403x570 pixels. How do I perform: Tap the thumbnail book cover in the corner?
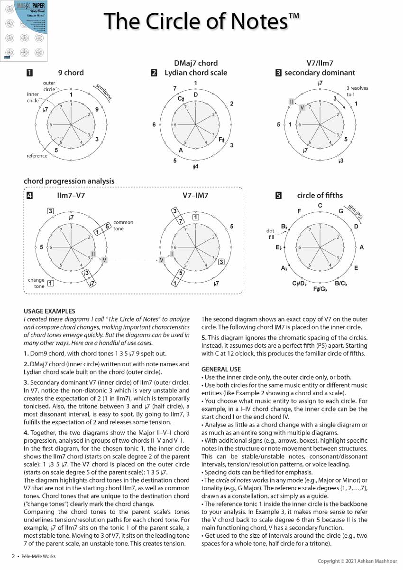coord(25,31)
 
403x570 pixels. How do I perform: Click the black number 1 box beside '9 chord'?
coord(30,73)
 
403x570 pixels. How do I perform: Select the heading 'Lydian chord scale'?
coord(196,73)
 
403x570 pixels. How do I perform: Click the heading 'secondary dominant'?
coord(320,73)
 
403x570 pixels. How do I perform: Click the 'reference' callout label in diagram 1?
coord(37,156)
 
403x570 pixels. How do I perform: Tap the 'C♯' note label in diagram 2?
coord(181,99)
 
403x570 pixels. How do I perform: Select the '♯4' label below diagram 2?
coord(195,167)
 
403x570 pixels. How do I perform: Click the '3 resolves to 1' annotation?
coord(357,91)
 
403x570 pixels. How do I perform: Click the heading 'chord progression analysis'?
coord(69,181)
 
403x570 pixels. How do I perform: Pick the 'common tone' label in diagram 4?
coord(123,225)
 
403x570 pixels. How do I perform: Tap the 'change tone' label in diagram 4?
coord(36,283)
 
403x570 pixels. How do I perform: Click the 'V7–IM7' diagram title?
coord(195,195)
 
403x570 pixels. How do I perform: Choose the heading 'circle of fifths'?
coord(320,195)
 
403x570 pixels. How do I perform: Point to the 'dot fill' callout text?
coord(271,234)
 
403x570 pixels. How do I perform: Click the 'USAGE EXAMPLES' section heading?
coord(47,312)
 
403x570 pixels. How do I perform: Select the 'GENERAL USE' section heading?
coord(221,369)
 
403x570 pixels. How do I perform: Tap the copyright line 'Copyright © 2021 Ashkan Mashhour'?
coord(358,561)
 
